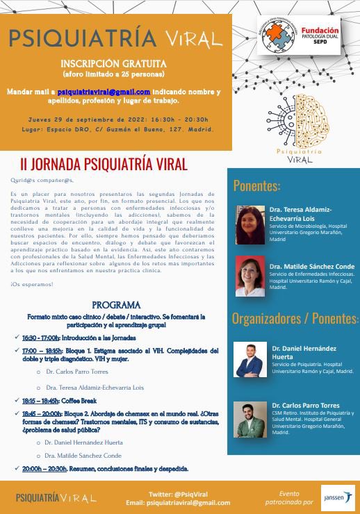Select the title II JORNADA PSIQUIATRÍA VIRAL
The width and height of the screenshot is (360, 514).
tap(104, 165)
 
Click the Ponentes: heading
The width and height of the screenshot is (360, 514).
tap(256, 185)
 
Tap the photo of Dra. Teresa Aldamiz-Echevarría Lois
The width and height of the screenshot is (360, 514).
tap(250, 225)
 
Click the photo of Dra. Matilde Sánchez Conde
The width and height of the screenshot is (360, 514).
tap(250, 277)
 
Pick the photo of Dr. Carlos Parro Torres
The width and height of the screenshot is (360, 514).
tap(250, 419)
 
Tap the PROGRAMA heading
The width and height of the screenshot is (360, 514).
tap(116, 305)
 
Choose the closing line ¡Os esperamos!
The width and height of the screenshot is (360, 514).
tap(32, 284)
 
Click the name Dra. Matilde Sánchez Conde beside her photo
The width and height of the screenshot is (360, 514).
tap(311, 266)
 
